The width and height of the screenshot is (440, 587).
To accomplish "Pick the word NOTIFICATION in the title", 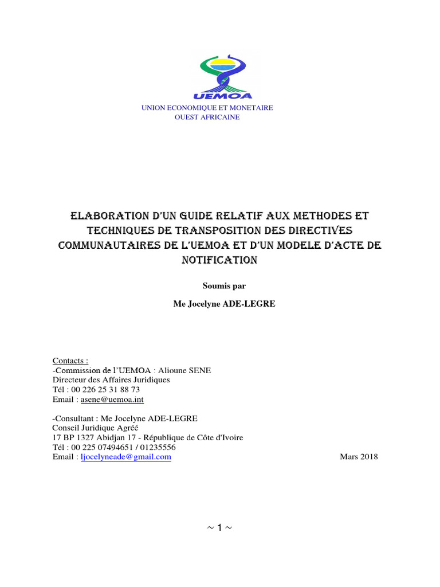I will (220, 260).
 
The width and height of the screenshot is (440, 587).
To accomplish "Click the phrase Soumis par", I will (220, 285).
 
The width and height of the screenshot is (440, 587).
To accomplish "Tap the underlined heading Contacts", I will (70, 361).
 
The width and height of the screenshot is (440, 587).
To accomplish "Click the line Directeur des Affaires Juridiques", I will (111, 379).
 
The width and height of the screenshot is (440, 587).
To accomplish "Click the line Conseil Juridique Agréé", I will (95, 428).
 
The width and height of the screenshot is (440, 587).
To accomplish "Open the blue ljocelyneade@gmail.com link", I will (125, 457).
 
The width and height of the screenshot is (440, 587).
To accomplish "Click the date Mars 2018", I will (359, 457).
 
